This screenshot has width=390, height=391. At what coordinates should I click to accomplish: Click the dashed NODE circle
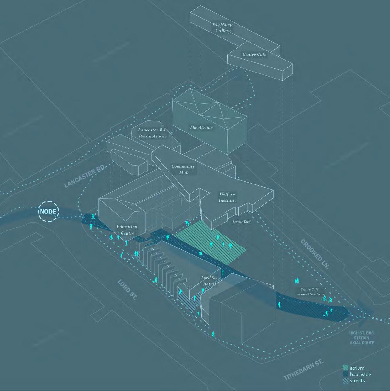(x=48, y=211)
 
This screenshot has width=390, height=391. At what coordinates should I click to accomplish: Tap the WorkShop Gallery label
(x=223, y=27)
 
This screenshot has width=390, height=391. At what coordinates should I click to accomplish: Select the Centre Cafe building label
(x=254, y=55)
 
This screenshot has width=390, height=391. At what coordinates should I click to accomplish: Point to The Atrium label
(x=201, y=128)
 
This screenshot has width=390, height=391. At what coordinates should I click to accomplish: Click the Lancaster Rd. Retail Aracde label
(x=153, y=133)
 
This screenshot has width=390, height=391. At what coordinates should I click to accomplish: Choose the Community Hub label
(x=183, y=169)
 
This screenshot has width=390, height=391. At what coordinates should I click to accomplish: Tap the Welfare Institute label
(x=227, y=197)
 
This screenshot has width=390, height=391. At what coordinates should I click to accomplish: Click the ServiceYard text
(x=241, y=222)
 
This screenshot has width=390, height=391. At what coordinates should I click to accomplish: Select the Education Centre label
(x=127, y=230)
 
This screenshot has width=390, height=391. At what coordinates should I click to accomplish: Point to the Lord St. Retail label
(x=209, y=281)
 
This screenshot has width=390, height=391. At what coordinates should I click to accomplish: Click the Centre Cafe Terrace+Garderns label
(x=310, y=292)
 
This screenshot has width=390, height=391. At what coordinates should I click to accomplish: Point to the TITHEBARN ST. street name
(x=303, y=369)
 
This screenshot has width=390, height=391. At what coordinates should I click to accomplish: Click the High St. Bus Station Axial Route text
(x=362, y=338)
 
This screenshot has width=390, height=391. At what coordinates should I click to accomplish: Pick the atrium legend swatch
(x=346, y=368)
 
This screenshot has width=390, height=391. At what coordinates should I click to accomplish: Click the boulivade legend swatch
(x=346, y=374)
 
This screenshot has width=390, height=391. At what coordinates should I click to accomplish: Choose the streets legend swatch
(x=346, y=381)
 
